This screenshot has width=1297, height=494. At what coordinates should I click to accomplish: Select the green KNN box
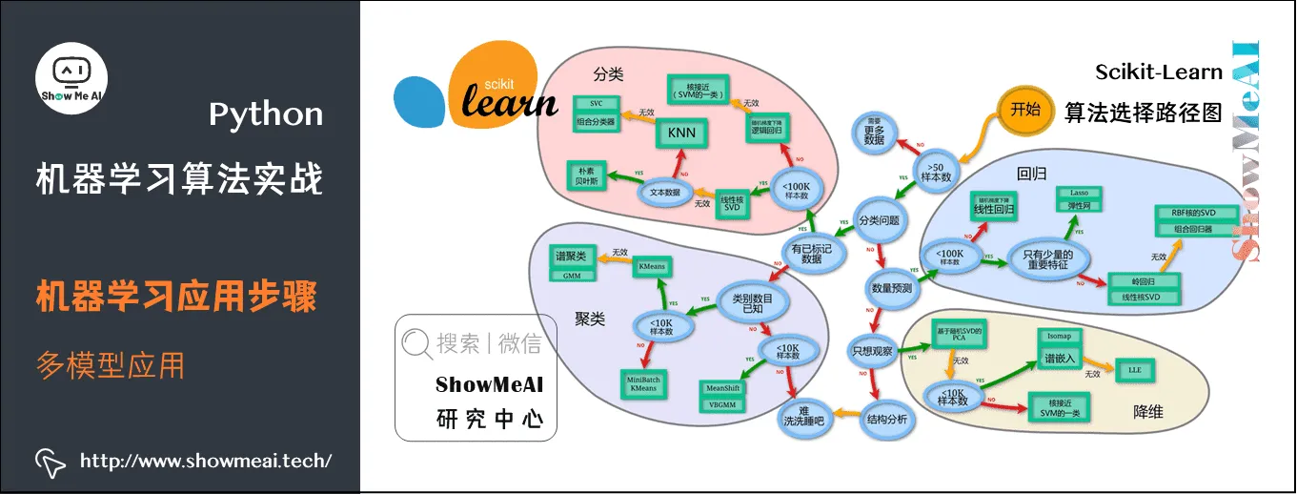tap(681, 134)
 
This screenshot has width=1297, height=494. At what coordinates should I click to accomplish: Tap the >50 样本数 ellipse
tap(936, 171)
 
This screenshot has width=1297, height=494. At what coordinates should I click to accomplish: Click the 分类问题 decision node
tap(879, 220)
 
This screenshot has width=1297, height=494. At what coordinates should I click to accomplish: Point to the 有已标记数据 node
tap(811, 252)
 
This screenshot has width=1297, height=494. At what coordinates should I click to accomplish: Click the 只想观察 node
tap(874, 351)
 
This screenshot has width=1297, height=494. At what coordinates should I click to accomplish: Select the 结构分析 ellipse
tap(887, 419)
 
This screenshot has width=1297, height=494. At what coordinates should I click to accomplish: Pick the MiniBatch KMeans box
tap(643, 383)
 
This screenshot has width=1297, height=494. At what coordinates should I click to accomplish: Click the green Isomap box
tap(1061, 337)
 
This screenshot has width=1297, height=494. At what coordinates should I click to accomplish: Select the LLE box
tap(1134, 368)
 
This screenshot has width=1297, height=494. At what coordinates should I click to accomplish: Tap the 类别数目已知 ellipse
tap(753, 304)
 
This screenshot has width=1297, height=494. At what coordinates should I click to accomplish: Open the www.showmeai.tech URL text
tap(205, 462)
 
